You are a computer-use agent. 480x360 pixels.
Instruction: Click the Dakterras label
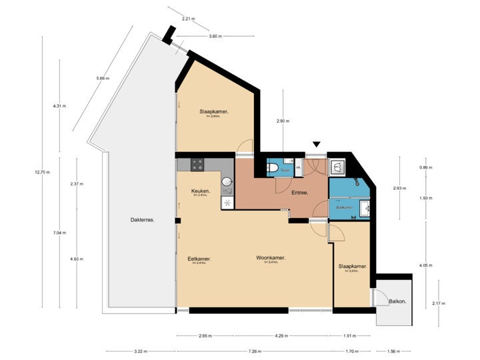(x=142, y=219)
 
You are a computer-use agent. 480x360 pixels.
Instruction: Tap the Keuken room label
(x=201, y=191)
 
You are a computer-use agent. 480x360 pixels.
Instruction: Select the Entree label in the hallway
(x=299, y=193)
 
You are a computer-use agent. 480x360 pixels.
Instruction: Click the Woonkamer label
(x=271, y=258)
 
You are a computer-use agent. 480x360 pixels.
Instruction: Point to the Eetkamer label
(x=199, y=259)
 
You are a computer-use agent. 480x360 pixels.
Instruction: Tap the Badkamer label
(x=344, y=207)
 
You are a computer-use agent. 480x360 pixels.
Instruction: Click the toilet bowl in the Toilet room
(x=273, y=168)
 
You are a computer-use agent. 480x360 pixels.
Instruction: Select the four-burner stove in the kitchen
(x=197, y=163)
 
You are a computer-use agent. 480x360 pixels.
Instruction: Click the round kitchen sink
(x=226, y=181)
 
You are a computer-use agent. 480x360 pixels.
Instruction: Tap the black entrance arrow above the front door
(x=317, y=145)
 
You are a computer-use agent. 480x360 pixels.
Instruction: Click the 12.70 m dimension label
(x=42, y=173)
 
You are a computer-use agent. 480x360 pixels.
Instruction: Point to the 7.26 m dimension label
(x=253, y=351)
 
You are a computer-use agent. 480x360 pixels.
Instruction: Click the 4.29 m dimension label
(x=281, y=336)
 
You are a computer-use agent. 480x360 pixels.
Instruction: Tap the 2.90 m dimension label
(x=283, y=121)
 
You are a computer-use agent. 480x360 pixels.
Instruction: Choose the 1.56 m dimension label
(x=393, y=351)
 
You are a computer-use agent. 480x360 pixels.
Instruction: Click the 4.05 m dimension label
(x=426, y=265)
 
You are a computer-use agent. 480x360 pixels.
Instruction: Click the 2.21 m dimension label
(x=188, y=19)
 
